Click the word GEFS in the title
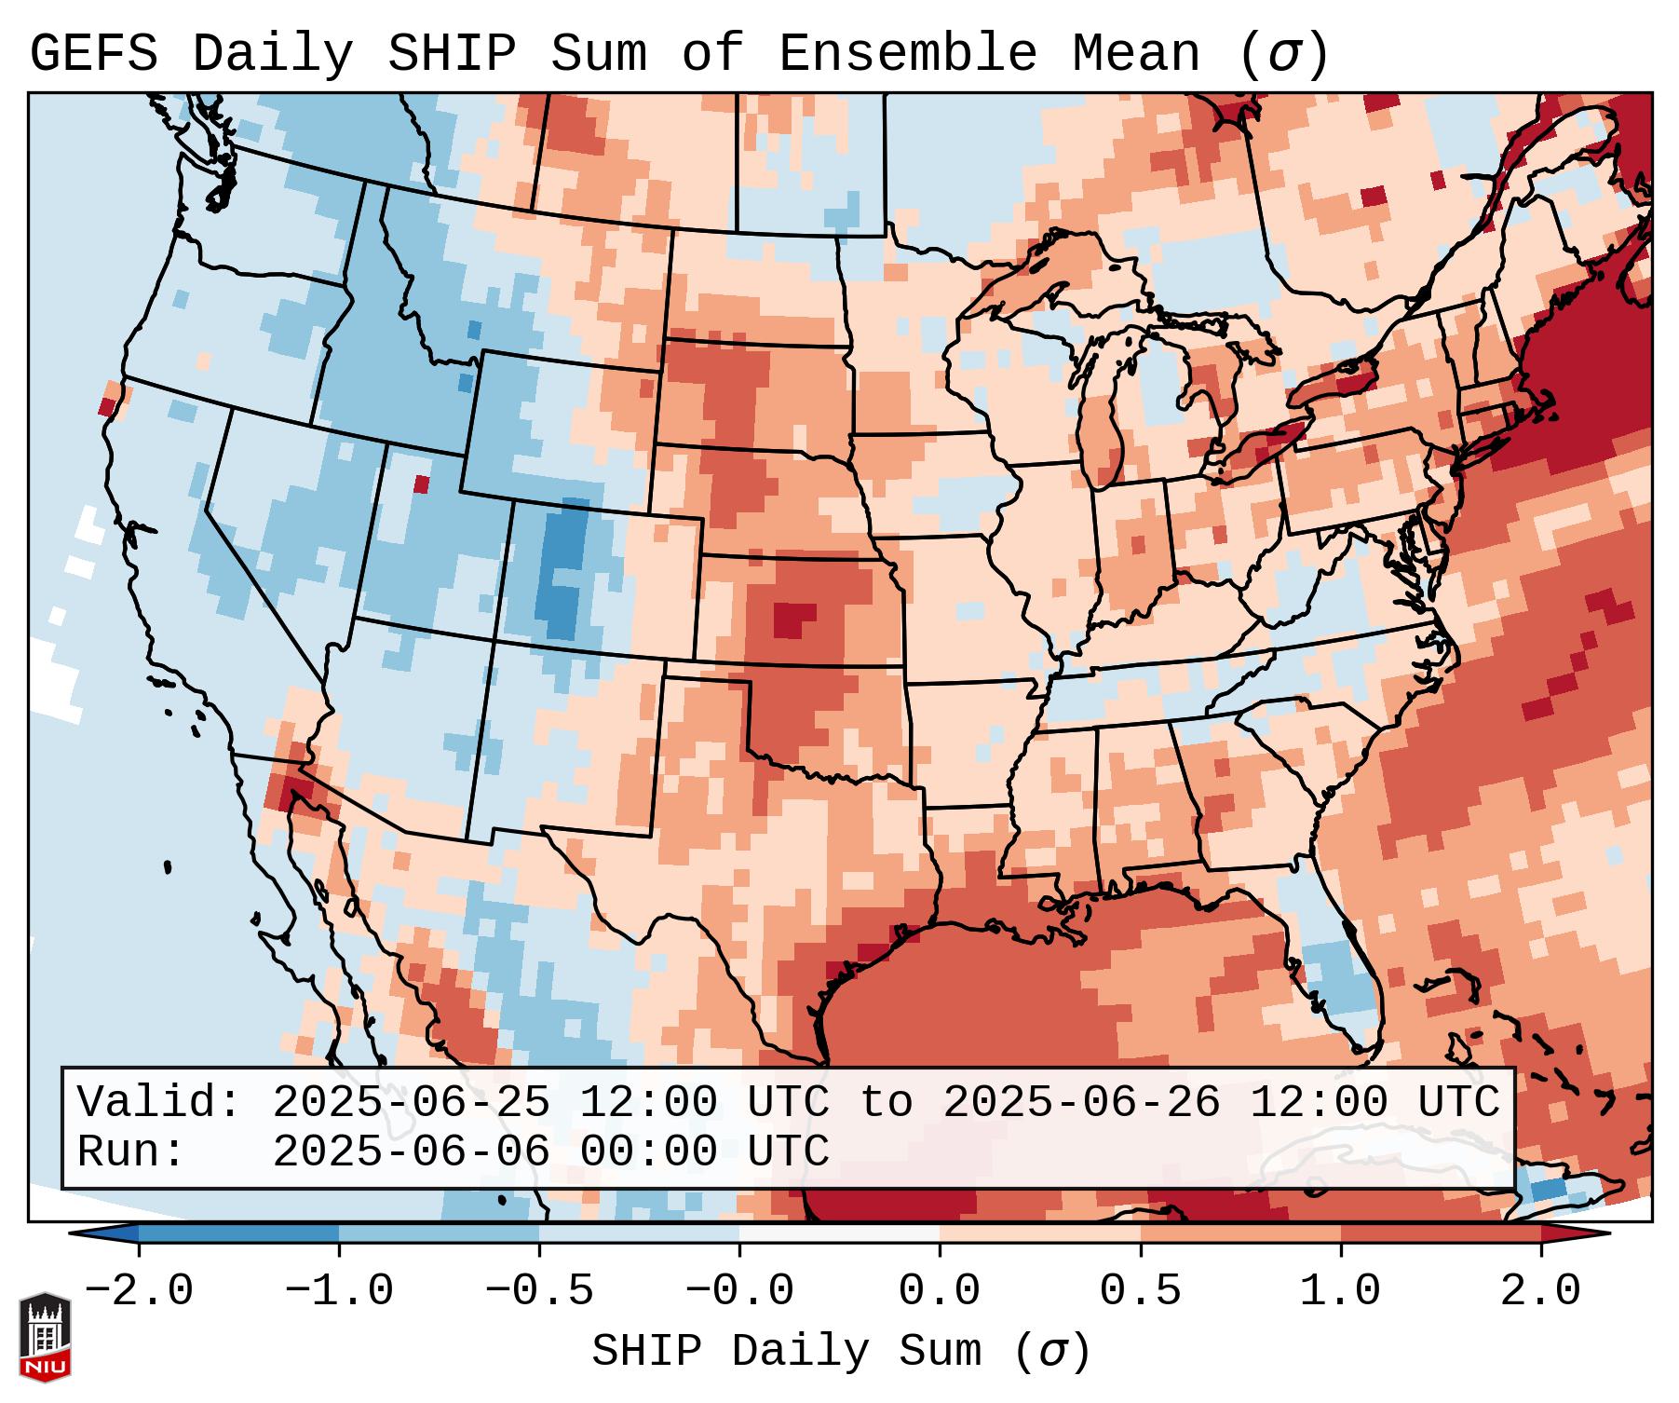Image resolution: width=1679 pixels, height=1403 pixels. click(x=93, y=54)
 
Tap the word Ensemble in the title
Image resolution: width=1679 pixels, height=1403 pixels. click(x=907, y=54)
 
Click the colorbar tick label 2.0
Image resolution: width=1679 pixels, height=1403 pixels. click(x=1540, y=1291)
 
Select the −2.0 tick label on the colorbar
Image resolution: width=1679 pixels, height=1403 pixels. click(x=138, y=1291)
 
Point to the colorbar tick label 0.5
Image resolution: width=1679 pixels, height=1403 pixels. click(x=1140, y=1291)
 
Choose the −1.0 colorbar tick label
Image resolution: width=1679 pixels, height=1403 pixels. click(x=338, y=1291)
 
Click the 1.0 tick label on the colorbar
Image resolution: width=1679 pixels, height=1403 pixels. click(x=1340, y=1291)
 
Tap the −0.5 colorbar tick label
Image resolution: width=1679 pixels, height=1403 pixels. click(x=538, y=1291)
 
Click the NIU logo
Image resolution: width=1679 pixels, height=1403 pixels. click(x=45, y=1338)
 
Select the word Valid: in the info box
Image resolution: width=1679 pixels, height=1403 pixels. click(x=159, y=1102)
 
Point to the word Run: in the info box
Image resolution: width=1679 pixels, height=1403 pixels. click(x=130, y=1151)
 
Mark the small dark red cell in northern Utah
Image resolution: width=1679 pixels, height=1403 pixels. click(x=422, y=484)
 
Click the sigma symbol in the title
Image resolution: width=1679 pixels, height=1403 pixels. click(x=1283, y=54)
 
